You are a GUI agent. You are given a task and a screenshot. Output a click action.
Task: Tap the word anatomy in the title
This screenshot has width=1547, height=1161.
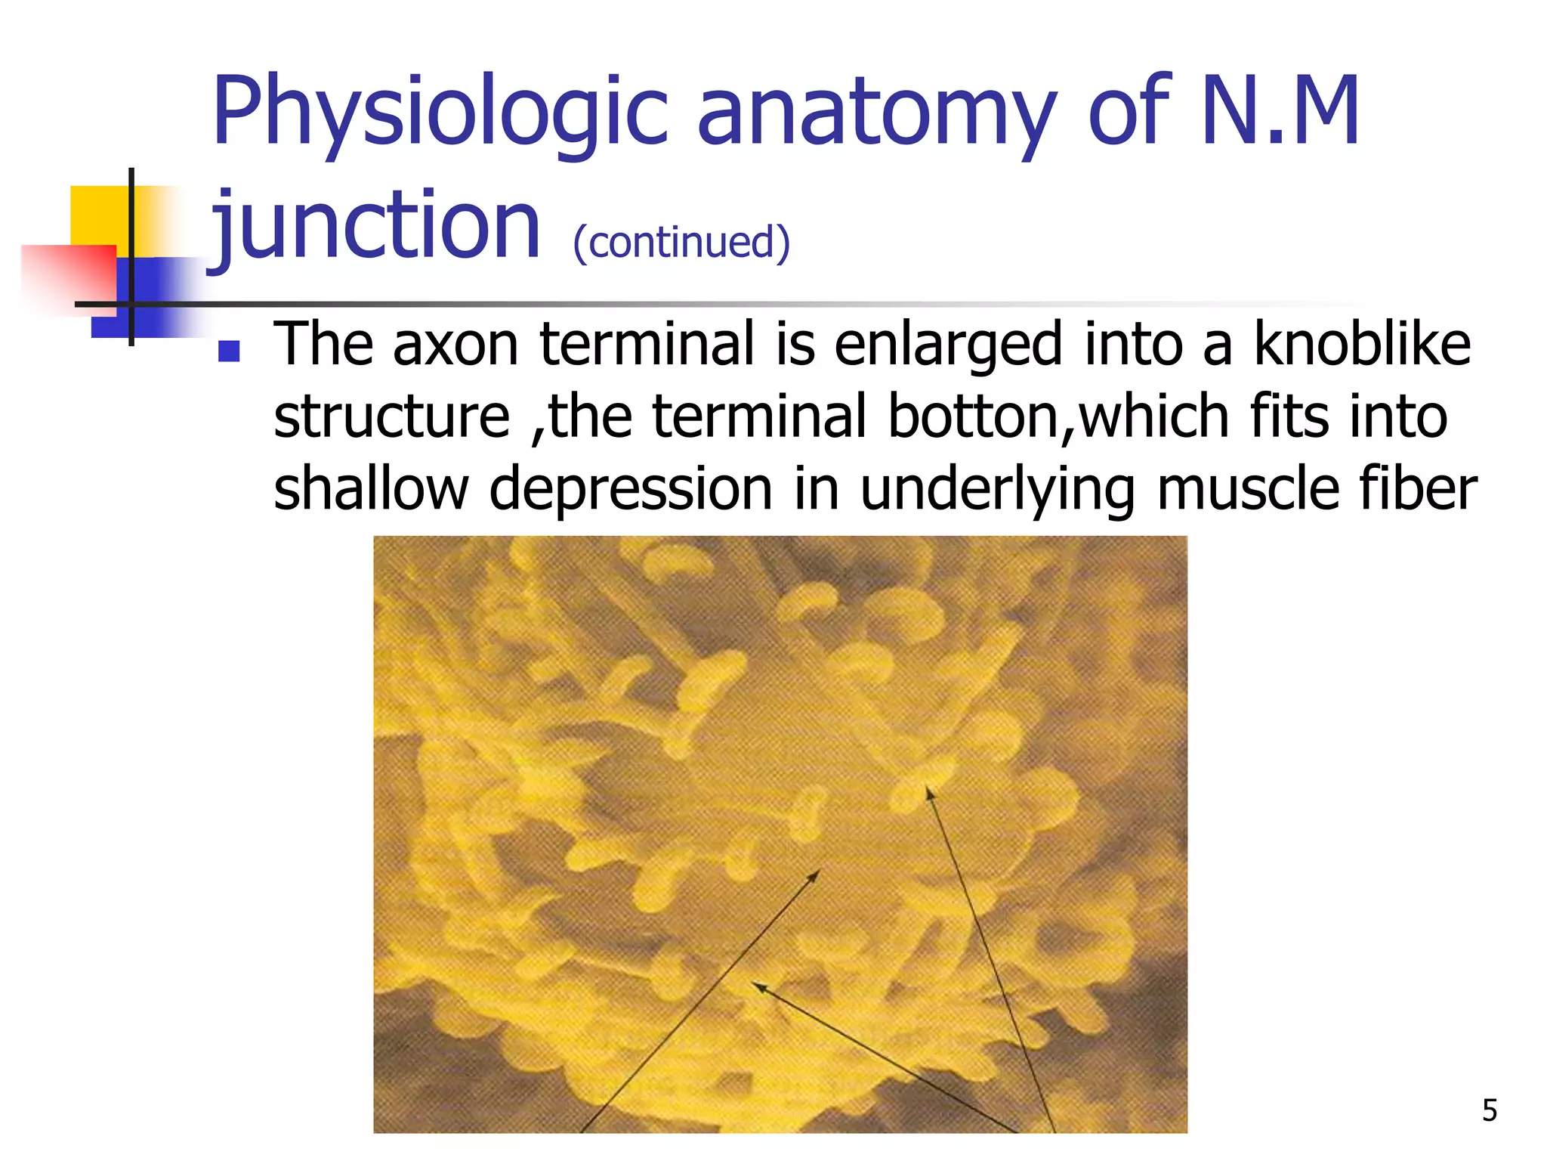876,113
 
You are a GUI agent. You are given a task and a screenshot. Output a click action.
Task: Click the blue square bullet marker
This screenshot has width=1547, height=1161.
229,351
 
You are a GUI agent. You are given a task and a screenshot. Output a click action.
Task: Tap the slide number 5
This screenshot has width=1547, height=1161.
1489,1110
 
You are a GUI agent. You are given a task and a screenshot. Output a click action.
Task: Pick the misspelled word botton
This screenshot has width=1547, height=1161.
974,416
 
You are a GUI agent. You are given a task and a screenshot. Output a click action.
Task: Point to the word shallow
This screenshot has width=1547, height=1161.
371,488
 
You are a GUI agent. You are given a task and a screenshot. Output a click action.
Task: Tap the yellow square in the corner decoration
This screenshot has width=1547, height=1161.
98,215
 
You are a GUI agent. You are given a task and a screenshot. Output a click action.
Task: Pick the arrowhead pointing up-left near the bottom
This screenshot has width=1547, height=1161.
758,985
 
